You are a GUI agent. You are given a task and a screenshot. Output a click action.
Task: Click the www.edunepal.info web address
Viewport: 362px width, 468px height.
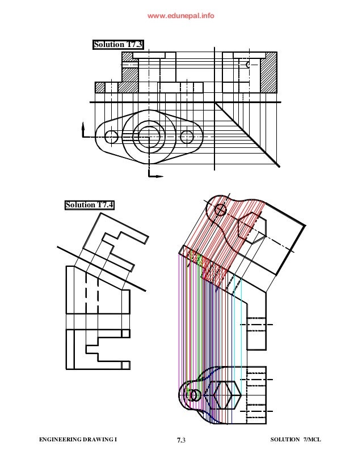[x=181, y=16]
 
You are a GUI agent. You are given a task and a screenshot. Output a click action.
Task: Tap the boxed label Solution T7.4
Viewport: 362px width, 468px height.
[x=89, y=205]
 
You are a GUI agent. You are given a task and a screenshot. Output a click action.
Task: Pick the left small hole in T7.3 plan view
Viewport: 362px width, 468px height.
[x=112, y=137]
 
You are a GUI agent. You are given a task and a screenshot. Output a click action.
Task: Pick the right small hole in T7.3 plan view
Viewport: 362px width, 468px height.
[x=187, y=137]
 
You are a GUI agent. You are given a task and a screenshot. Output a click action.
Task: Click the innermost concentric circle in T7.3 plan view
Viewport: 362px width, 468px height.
[x=149, y=136]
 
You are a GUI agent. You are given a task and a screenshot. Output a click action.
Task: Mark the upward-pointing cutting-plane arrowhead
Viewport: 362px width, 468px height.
[x=83, y=126]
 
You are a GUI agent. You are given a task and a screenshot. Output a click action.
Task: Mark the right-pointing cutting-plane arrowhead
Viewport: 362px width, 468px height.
[x=159, y=176]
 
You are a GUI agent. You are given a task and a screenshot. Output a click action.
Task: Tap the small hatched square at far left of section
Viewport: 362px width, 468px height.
[x=100, y=87]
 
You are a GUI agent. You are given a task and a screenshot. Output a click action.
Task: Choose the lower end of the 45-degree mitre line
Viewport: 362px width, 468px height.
[x=279, y=165]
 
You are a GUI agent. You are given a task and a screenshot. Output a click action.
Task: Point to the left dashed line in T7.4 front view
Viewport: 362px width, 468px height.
[x=86, y=289]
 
